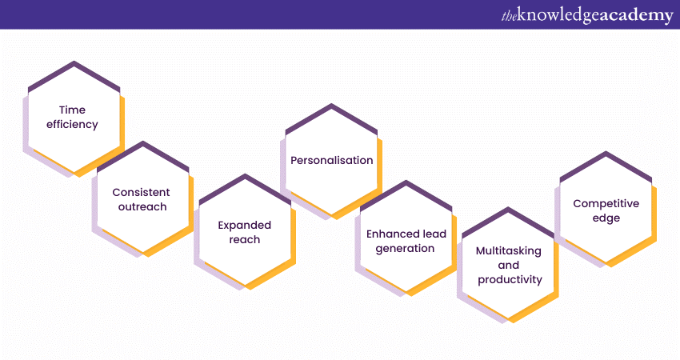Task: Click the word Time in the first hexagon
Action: point(73,110)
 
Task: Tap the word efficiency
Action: point(73,125)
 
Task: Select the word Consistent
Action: point(141,192)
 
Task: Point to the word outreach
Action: point(142,206)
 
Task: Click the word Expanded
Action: point(245,226)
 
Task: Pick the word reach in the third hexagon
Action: point(245,239)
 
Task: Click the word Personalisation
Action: point(332,161)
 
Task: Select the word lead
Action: point(434,234)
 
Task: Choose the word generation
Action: point(405,249)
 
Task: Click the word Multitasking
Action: point(509,251)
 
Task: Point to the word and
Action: point(509,265)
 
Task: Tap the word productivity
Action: point(510,280)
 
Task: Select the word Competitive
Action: point(606,203)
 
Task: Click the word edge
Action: point(606,218)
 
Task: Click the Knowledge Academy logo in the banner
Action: point(587,15)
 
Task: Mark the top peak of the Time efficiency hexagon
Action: point(74,62)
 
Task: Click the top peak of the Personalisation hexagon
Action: point(332,104)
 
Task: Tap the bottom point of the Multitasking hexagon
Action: point(508,322)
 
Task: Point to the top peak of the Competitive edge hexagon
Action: point(606,152)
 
